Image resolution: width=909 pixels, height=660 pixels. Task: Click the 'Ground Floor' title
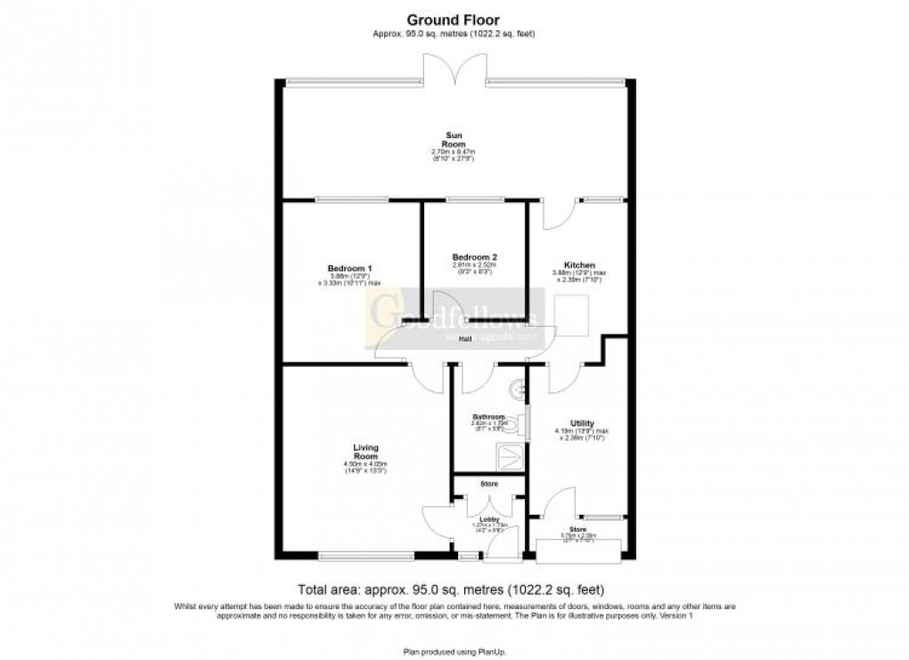(x=454, y=19)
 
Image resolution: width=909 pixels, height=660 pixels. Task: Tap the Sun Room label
(x=454, y=140)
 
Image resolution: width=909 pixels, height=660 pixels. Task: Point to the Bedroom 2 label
(x=474, y=257)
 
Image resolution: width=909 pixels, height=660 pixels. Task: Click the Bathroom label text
(x=489, y=417)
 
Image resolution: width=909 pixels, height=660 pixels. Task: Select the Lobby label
(x=489, y=519)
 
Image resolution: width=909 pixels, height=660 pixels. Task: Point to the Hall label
(x=465, y=339)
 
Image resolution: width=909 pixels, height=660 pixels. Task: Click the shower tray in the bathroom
(x=511, y=456)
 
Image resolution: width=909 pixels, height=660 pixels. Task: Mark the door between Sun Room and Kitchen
(x=553, y=214)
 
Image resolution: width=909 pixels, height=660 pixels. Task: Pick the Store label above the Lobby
(x=488, y=485)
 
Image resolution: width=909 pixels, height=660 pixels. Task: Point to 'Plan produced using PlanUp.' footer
(x=454, y=652)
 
